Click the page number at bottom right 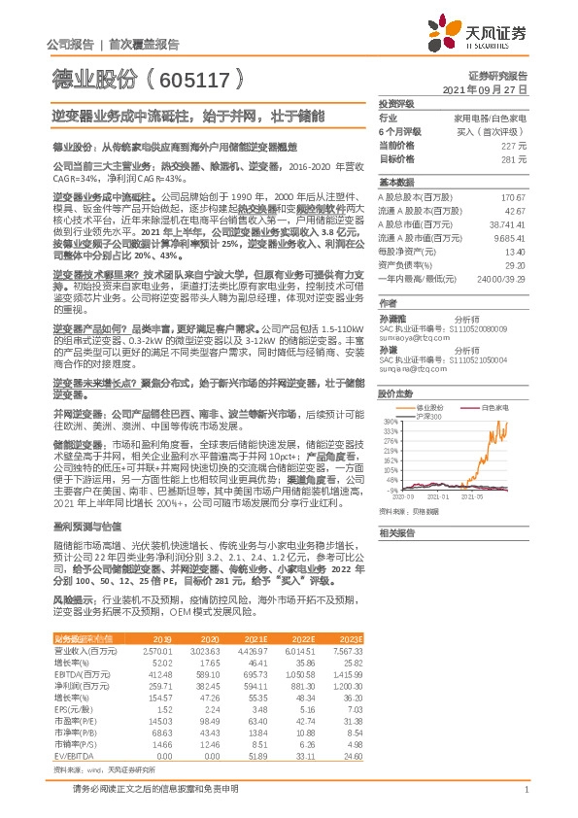pos(525,789)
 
